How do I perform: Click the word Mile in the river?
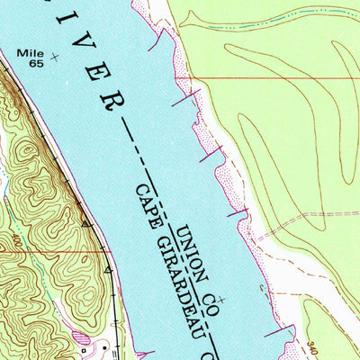[28, 53]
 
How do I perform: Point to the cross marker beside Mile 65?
[55, 58]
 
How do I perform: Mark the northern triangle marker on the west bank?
[86, 221]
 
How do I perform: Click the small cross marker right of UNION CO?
[222, 298]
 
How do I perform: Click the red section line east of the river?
[270, 79]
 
